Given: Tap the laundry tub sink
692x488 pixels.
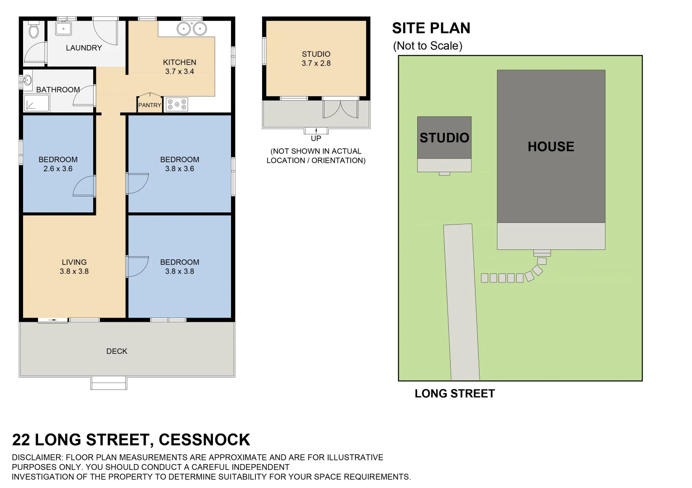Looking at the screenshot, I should [x=63, y=28].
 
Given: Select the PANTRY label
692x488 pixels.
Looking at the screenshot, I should [x=150, y=105].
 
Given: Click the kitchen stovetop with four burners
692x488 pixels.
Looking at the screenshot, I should [x=177, y=104].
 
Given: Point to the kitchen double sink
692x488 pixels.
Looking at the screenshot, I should [x=192, y=29].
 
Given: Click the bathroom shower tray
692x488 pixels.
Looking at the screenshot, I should [x=36, y=103].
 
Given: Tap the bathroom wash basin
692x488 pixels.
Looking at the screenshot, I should [x=27, y=80].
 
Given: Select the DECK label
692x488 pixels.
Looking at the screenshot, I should [x=117, y=351].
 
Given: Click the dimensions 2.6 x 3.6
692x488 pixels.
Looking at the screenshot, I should [x=58, y=169].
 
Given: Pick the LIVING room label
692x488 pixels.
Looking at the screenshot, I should [x=74, y=262].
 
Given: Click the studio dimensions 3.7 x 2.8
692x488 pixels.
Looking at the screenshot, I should [x=316, y=63].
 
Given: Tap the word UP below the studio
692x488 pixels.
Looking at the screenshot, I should [x=316, y=138].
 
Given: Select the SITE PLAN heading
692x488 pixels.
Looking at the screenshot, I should [x=431, y=28].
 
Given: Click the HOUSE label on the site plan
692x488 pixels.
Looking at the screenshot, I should [x=551, y=146].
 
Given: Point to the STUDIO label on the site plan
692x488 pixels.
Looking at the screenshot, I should [x=444, y=138].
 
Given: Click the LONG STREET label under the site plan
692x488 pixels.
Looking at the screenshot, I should [x=455, y=394].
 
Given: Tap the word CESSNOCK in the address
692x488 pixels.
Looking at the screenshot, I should [x=204, y=440].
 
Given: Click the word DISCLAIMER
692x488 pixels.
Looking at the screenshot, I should [x=36, y=457].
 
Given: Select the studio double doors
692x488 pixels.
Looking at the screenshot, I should [x=340, y=109].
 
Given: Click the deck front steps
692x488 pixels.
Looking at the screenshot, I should [x=109, y=383].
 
